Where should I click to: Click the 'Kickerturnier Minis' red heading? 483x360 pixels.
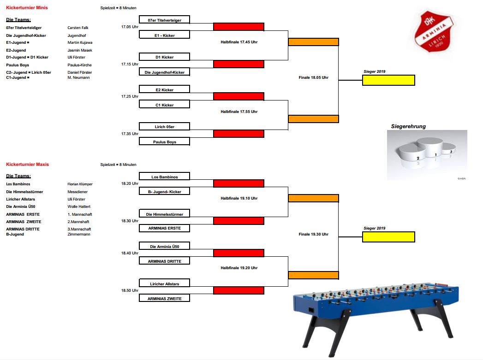(27, 8)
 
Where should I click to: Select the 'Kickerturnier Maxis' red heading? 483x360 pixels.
(27, 165)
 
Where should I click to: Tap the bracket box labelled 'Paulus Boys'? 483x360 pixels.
(164, 142)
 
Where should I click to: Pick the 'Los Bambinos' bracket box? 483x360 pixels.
(164, 177)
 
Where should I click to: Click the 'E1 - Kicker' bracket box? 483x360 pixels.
(164, 35)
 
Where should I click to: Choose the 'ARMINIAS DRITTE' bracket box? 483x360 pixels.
(164, 261)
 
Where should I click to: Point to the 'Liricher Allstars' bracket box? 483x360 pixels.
(164, 283)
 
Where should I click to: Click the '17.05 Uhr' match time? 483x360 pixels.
(129, 27)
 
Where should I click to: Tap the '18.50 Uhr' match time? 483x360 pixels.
(129, 291)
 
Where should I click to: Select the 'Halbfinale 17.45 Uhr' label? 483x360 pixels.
(239, 42)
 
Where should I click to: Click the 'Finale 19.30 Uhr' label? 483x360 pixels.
(313, 234)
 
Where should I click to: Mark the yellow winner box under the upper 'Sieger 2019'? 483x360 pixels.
(388, 80)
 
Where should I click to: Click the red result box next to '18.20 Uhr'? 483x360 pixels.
(239, 183)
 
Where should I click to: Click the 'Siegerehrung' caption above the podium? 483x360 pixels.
(408, 126)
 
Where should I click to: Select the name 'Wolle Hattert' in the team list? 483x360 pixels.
(79, 207)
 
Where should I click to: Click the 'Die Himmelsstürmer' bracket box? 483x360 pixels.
(164, 214)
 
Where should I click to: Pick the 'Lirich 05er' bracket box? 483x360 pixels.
(164, 126)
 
